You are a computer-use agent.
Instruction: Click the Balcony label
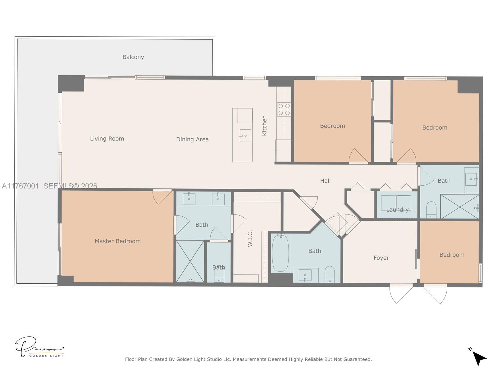point(133,57)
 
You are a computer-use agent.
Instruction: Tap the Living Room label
point(107,139)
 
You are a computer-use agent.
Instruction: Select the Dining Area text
point(192,139)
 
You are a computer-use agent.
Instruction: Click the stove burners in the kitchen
point(284,109)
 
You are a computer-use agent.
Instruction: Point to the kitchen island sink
point(245,135)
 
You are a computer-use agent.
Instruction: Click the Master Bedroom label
point(117,241)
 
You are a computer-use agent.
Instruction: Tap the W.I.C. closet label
point(250,238)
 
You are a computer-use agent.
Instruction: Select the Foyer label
point(381,258)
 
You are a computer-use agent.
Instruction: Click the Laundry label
point(397,210)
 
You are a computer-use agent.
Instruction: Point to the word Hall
point(325,181)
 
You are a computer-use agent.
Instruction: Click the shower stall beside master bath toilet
point(190,261)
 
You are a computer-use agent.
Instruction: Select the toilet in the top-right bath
point(431,210)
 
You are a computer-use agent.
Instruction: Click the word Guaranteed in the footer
point(356,359)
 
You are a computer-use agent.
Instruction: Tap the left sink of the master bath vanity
point(189,199)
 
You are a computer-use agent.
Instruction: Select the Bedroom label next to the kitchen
point(332,126)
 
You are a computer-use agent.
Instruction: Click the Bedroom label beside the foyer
point(452,255)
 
